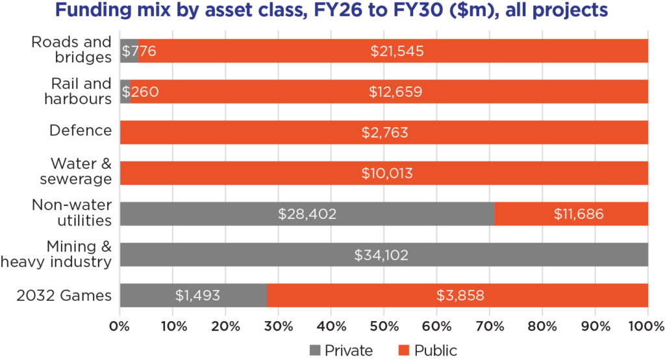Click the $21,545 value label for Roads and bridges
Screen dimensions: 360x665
pos(397,51)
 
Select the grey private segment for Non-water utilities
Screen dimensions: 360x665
pos(307,214)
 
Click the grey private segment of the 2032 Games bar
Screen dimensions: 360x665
pos(193,295)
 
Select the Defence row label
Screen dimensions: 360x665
pos(81,130)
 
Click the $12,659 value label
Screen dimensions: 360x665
pos(395,92)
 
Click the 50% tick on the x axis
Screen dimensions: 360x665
pos(384,325)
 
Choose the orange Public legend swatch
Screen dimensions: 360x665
pos(403,351)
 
